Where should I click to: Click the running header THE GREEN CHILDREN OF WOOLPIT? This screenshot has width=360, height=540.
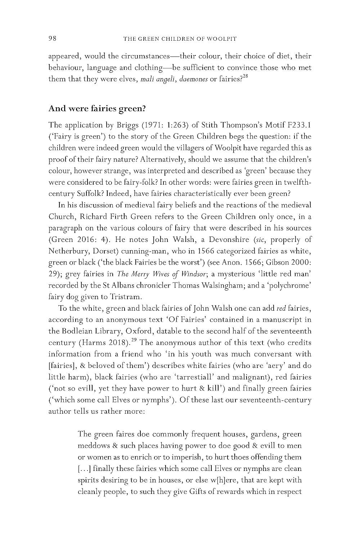(x=180, y=39)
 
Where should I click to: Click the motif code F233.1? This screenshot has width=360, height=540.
(x=297, y=125)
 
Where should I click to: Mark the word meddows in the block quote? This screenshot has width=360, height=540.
(x=93, y=446)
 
